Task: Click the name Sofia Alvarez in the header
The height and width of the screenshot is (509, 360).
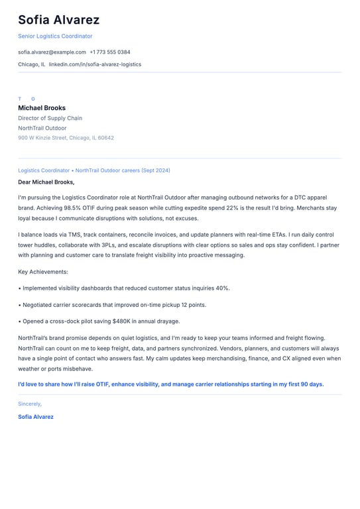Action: (58, 20)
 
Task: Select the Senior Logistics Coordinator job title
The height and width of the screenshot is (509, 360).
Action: (55, 36)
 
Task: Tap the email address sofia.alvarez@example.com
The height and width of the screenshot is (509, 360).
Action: (52, 52)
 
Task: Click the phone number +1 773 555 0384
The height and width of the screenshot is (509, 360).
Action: (110, 52)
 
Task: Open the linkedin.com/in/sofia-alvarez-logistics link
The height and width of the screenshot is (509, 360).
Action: (95, 64)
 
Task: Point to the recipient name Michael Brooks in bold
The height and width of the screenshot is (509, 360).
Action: (42, 108)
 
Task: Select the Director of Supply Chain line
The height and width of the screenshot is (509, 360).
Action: (50, 118)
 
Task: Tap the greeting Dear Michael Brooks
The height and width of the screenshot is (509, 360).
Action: (46, 182)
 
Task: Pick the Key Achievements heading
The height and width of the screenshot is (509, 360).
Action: (43, 272)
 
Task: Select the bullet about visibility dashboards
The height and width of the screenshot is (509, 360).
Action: (126, 288)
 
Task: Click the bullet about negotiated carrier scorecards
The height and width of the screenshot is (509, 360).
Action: (114, 305)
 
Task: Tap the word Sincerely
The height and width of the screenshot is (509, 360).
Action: (30, 404)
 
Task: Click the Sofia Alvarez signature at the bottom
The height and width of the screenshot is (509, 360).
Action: (36, 417)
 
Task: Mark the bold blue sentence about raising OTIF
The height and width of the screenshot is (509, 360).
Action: (171, 384)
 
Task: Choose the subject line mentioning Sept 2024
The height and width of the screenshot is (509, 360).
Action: (94, 170)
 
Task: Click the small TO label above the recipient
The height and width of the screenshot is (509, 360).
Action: (27, 99)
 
